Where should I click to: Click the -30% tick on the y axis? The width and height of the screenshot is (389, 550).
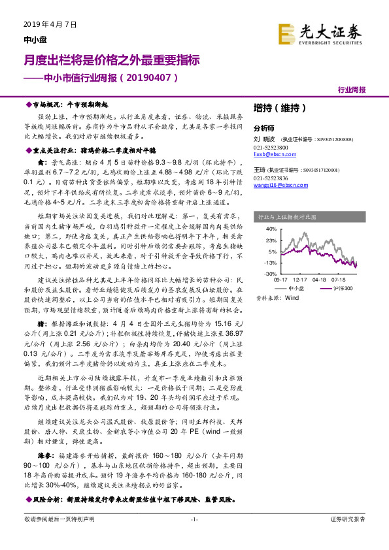click(271, 274)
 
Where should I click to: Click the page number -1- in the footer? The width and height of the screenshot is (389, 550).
click(194, 537)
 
